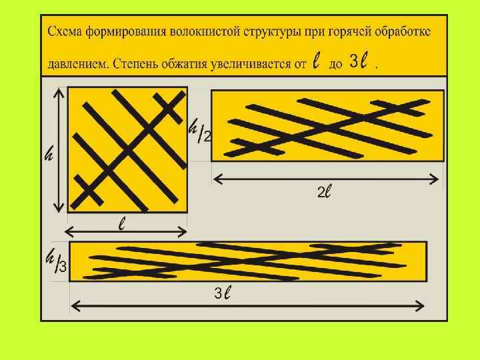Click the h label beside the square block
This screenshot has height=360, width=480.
point(49,155)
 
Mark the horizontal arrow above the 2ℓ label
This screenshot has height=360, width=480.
point(326,179)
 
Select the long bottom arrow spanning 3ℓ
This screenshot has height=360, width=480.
point(247,306)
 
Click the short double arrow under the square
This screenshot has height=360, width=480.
point(125,232)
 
